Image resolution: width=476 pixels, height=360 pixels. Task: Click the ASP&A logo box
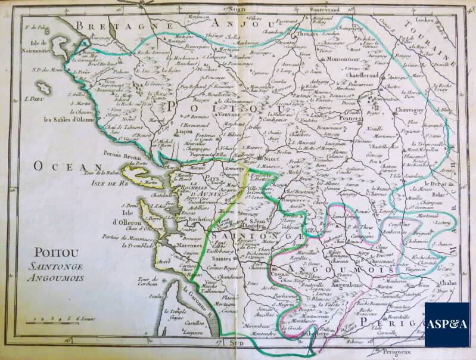[x=446, y=324]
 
